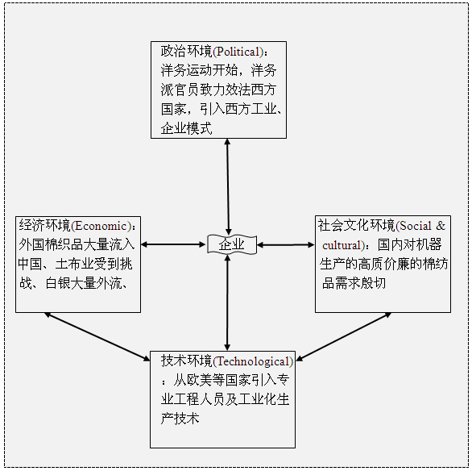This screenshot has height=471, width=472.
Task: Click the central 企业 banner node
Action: (x=231, y=244)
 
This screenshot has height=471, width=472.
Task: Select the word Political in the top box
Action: (x=238, y=52)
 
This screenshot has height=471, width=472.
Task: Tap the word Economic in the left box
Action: (x=101, y=226)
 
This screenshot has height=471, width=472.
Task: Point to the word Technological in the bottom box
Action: (x=253, y=361)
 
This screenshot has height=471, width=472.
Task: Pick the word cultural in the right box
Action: (x=342, y=245)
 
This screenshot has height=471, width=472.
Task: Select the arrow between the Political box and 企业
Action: (x=228, y=187)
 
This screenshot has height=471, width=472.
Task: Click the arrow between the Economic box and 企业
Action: (x=173, y=244)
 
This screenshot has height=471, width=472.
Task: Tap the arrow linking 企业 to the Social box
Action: (x=286, y=245)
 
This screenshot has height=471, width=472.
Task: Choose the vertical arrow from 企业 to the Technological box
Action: (x=228, y=302)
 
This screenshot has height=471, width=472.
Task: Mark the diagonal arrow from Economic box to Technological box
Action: (x=97, y=336)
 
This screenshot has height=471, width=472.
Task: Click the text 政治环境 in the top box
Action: (x=186, y=52)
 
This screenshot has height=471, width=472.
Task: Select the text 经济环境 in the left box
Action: (x=44, y=225)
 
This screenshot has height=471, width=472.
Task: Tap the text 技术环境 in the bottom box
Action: (x=187, y=361)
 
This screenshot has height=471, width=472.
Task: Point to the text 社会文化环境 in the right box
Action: (x=356, y=225)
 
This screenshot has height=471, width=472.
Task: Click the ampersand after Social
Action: (x=441, y=226)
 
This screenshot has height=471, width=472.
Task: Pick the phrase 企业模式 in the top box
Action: (x=186, y=128)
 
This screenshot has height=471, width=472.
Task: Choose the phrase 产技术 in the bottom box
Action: (x=180, y=419)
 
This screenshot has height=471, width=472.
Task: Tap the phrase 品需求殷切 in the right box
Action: (x=354, y=283)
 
